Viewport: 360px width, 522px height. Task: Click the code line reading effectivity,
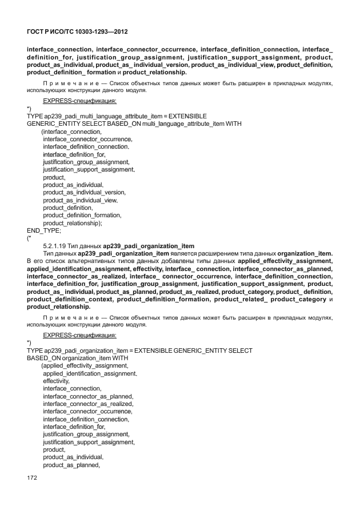(56, 381)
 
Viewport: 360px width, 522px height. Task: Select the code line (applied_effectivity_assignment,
(85, 365)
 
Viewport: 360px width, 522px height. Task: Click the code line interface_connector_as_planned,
(88, 396)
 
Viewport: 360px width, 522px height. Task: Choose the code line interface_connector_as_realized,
(88, 404)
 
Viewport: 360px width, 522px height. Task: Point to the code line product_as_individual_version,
(85, 193)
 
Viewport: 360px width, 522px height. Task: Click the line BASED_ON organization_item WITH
(77, 358)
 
